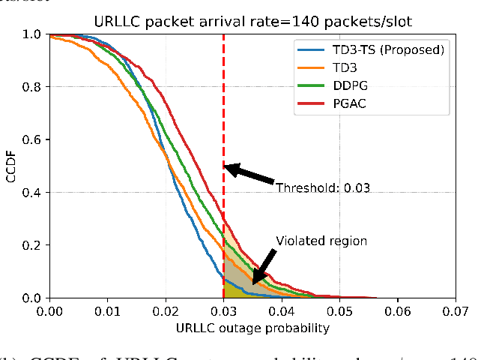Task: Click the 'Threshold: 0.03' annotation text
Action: tap(322, 187)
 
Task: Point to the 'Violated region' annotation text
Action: tap(321, 241)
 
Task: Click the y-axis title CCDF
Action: tap(10, 166)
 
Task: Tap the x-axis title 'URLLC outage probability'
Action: tap(252, 327)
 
